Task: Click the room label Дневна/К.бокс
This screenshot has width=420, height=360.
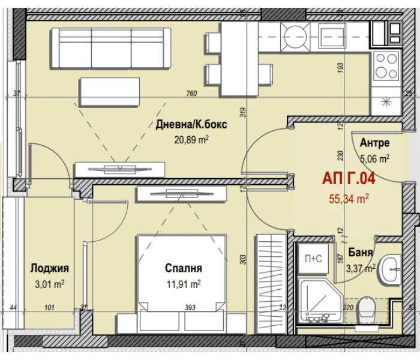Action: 191,125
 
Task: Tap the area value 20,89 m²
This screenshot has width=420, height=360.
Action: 191,140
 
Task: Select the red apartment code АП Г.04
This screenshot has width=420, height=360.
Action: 349,179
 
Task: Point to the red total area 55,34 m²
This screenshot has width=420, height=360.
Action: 349,199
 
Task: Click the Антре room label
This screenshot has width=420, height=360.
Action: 374,143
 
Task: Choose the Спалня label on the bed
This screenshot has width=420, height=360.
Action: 184,268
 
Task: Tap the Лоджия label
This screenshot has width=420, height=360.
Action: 50,268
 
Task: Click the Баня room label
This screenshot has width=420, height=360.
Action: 360,252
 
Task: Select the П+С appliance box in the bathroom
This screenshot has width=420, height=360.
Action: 313,259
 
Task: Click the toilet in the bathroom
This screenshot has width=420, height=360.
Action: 366,310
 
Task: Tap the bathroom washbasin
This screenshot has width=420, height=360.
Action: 390,269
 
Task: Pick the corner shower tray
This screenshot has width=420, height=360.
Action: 321,301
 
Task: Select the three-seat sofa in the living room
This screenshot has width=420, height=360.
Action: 111,49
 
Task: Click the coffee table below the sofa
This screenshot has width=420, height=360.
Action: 109,92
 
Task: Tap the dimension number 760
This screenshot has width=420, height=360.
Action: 191,94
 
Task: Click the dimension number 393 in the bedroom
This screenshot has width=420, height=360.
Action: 190,307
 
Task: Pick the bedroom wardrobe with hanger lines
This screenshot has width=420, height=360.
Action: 271,284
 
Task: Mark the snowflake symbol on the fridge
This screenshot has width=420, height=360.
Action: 386,102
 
